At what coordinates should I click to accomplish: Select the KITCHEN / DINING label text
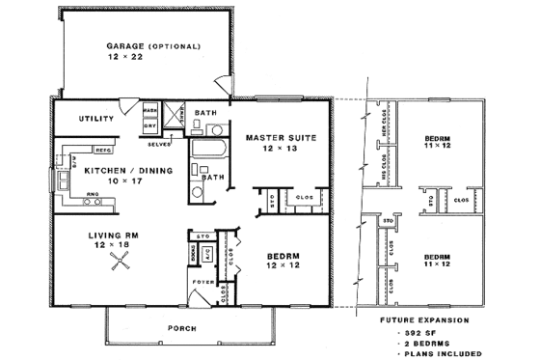(x=127, y=170)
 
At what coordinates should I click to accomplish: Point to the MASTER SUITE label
(x=276, y=138)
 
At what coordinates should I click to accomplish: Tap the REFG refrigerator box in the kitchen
(x=102, y=150)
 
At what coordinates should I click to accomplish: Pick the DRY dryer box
(x=150, y=125)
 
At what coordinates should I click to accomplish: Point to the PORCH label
(x=182, y=328)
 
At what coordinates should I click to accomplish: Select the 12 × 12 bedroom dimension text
(x=283, y=263)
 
